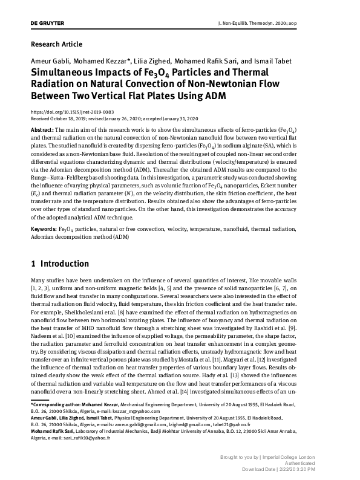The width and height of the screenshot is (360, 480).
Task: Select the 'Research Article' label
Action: pyautogui.click(x=56, y=44)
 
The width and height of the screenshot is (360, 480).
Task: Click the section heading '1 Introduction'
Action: pyautogui.click(x=60, y=264)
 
